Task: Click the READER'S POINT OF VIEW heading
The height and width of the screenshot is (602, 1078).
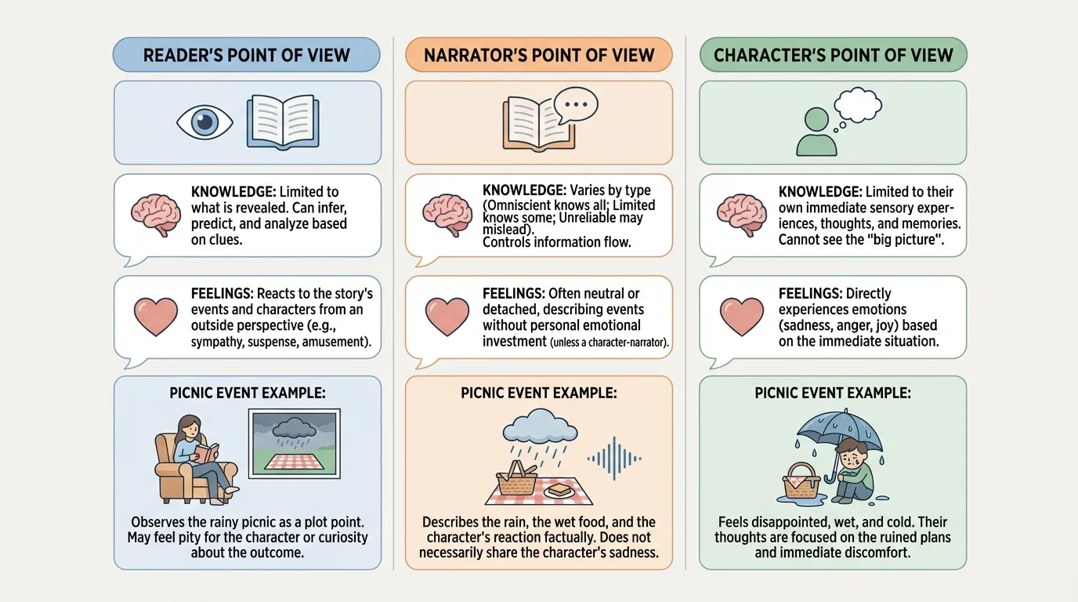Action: [x=246, y=56]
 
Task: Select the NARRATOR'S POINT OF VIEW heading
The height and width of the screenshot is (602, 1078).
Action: [x=538, y=56]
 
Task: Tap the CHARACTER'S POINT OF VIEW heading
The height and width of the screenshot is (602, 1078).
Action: [x=833, y=56]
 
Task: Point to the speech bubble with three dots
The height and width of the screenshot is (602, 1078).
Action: [x=575, y=104]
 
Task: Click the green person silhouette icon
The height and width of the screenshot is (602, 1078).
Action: [x=816, y=132]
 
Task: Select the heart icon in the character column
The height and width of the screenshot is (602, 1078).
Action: [x=740, y=317]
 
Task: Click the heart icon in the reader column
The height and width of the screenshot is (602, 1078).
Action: [x=155, y=317]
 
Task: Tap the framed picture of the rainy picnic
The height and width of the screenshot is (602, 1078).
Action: [x=293, y=443]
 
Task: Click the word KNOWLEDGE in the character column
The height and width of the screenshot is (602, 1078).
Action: [x=819, y=192]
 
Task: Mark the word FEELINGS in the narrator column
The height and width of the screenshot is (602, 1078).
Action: [x=513, y=294]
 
